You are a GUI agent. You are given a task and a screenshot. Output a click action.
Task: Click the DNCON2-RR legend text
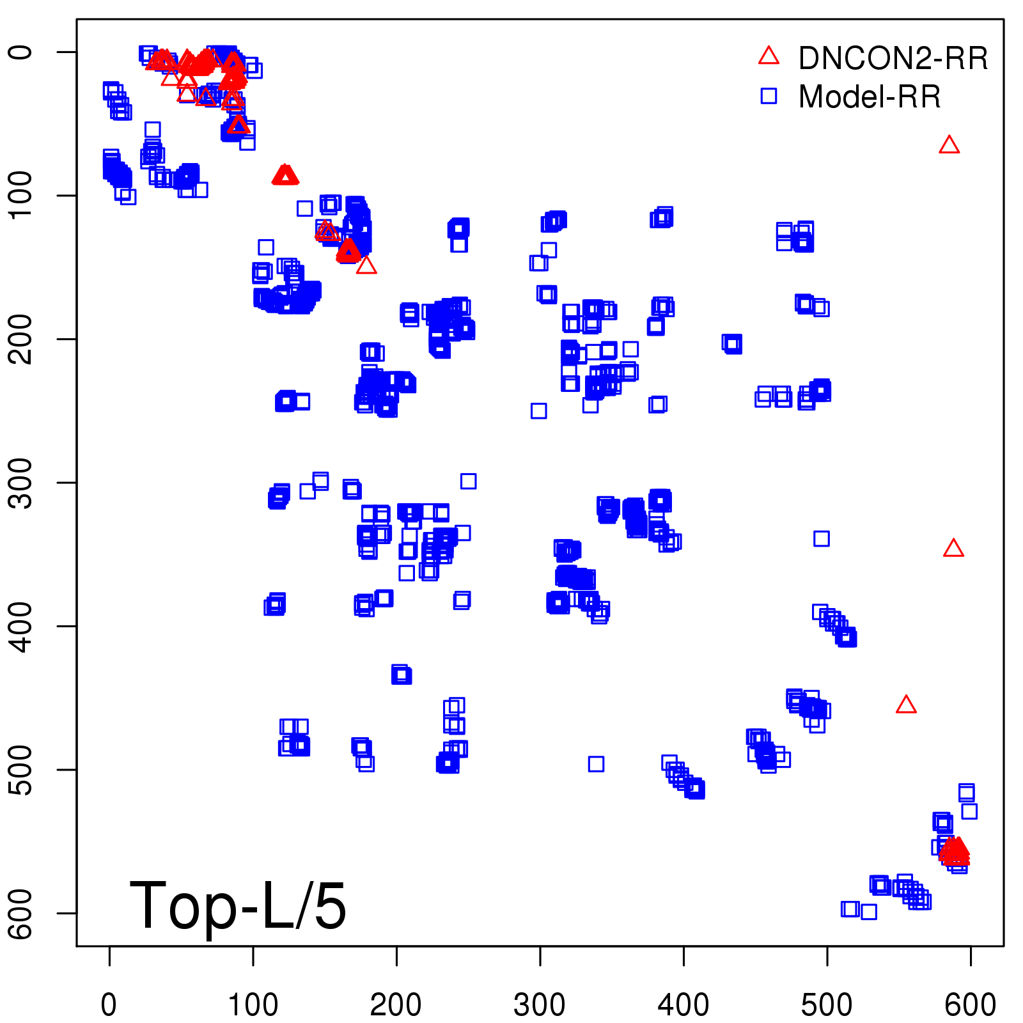click(x=893, y=59)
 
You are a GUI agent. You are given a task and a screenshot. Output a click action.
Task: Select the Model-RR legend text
click(x=870, y=97)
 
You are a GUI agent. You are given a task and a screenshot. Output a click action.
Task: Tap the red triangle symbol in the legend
click(x=769, y=56)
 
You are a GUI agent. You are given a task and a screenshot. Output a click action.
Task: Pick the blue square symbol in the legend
click(x=769, y=96)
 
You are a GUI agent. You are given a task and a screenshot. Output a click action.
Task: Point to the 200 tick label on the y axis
click(x=22, y=339)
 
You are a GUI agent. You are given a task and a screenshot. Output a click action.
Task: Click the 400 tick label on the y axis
click(x=22, y=626)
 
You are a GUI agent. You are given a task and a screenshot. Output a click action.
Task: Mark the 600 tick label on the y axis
click(x=22, y=913)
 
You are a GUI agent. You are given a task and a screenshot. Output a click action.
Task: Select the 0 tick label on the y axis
click(x=22, y=52)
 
